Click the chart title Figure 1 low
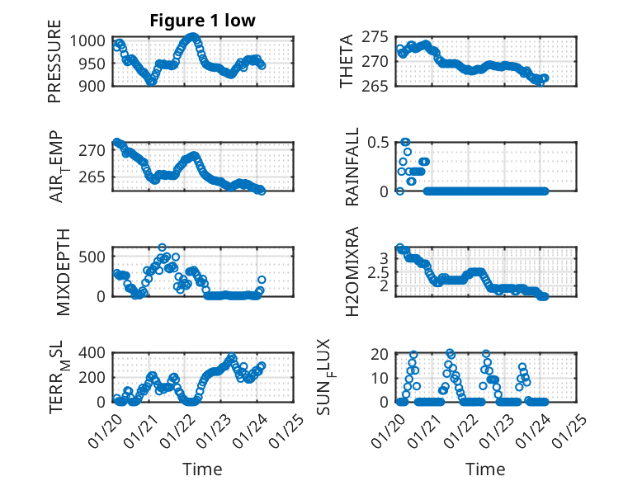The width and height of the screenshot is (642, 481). coord(201,21)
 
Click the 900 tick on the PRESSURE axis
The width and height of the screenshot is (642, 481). coord(92,86)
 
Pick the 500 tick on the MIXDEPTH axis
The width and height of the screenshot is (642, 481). coord(94,256)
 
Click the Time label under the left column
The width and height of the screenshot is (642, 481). coord(201,469)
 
